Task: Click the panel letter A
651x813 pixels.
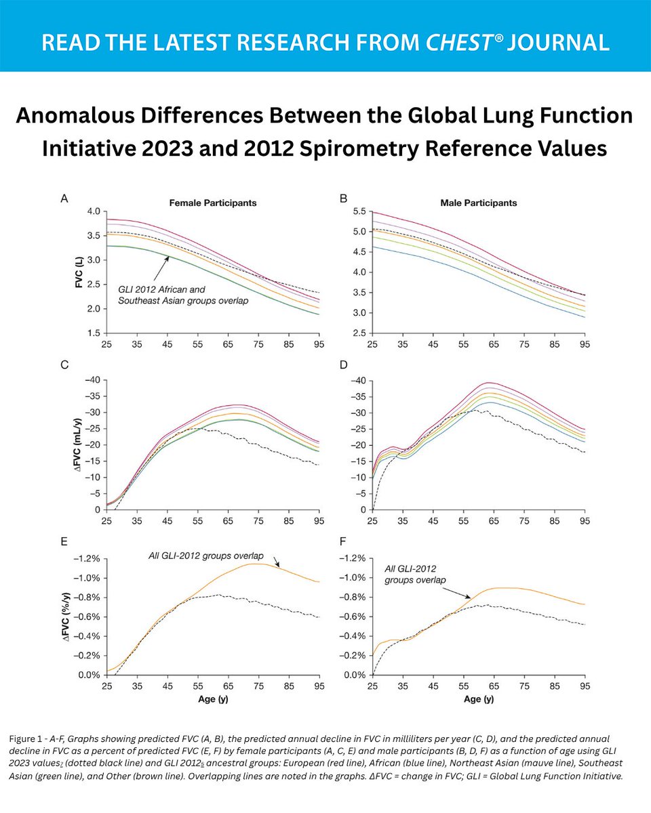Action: tap(65, 199)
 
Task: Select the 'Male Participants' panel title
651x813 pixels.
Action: tap(484, 203)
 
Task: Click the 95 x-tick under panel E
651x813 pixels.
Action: tap(319, 686)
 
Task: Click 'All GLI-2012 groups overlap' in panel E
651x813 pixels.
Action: tap(206, 556)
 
